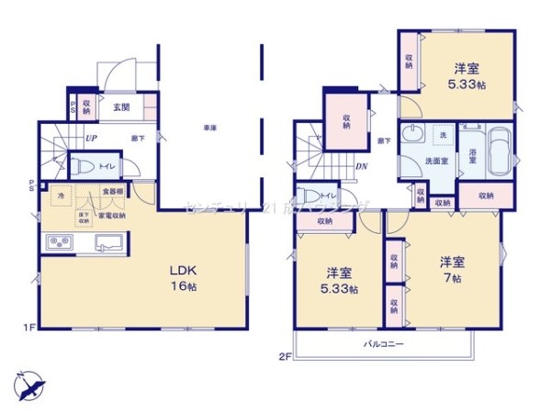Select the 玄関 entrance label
click(120, 107)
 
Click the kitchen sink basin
click(104, 243)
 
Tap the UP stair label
click(91, 139)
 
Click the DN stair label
click(362, 167)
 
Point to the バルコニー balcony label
click(382, 342)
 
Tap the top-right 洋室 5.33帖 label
click(467, 73)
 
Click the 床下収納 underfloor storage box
click(84, 218)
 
